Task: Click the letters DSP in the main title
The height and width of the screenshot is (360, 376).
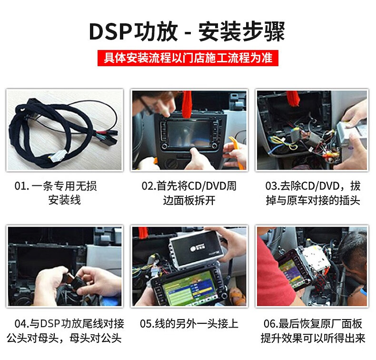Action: (x=110, y=31)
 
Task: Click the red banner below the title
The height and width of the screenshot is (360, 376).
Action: (x=188, y=58)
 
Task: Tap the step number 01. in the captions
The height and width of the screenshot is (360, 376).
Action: (x=21, y=186)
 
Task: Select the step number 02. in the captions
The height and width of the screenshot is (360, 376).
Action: (x=148, y=186)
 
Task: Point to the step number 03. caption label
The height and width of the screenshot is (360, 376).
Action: (x=272, y=186)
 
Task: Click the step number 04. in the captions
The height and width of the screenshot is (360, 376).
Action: (x=22, y=324)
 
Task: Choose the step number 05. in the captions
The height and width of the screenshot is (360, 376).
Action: (x=147, y=324)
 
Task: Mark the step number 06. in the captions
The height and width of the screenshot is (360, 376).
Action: (x=271, y=324)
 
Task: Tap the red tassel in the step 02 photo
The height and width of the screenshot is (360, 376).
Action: (x=187, y=104)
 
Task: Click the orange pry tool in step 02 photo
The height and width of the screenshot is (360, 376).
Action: (x=237, y=151)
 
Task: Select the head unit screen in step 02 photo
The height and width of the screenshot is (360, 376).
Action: (x=189, y=133)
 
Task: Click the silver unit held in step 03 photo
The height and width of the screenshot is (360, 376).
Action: (x=352, y=135)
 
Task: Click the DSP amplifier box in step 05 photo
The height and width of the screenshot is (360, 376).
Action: (x=196, y=249)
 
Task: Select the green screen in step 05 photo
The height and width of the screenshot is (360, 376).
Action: (x=189, y=289)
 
